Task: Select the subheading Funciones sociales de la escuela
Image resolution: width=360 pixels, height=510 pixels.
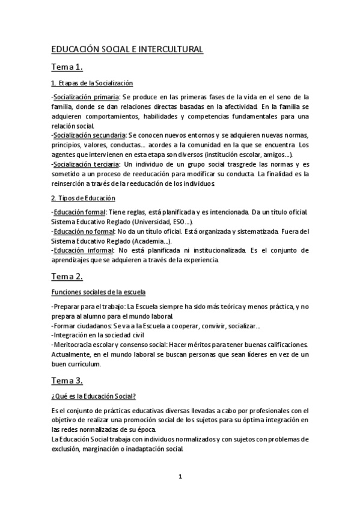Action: click(x=99, y=292)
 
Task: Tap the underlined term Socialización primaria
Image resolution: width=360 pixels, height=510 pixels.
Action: click(x=85, y=97)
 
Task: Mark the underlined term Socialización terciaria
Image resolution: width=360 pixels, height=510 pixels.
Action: click(x=87, y=164)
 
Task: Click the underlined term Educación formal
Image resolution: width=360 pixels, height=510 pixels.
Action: click(x=80, y=212)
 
